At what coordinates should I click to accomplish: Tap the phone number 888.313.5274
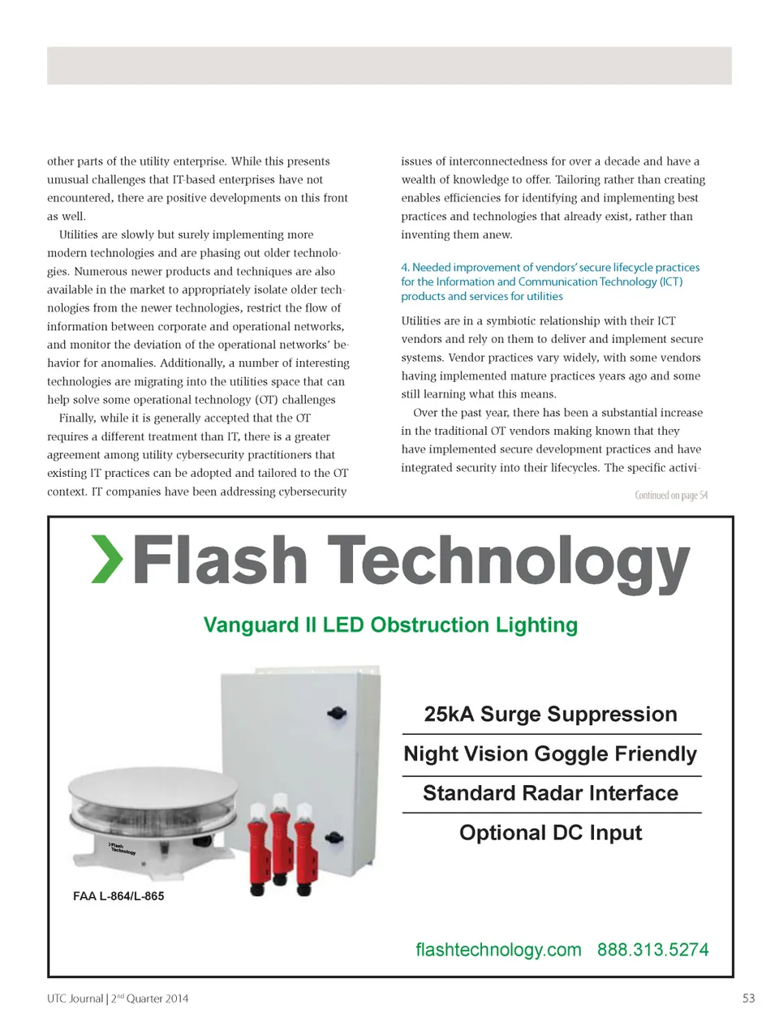click(x=652, y=950)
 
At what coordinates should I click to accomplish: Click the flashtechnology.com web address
click(x=498, y=950)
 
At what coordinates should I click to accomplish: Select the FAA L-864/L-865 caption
click(x=118, y=896)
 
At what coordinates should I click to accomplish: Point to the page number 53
click(x=748, y=998)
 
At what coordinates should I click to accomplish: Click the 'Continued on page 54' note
click(x=670, y=495)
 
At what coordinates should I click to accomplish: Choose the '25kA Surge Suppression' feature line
click(x=550, y=714)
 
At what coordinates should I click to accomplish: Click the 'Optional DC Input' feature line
click(x=550, y=833)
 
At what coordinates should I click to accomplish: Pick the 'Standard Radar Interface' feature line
click(x=550, y=793)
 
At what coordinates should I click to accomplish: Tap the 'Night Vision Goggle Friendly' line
click(x=550, y=753)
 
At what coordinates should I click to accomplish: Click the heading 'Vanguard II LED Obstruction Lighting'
click(x=390, y=625)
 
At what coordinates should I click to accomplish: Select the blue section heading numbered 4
click(x=549, y=281)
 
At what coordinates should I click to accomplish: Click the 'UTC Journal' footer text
click(x=75, y=998)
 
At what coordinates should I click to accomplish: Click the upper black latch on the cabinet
click(x=336, y=714)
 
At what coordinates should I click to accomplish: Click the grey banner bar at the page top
click(x=389, y=65)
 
